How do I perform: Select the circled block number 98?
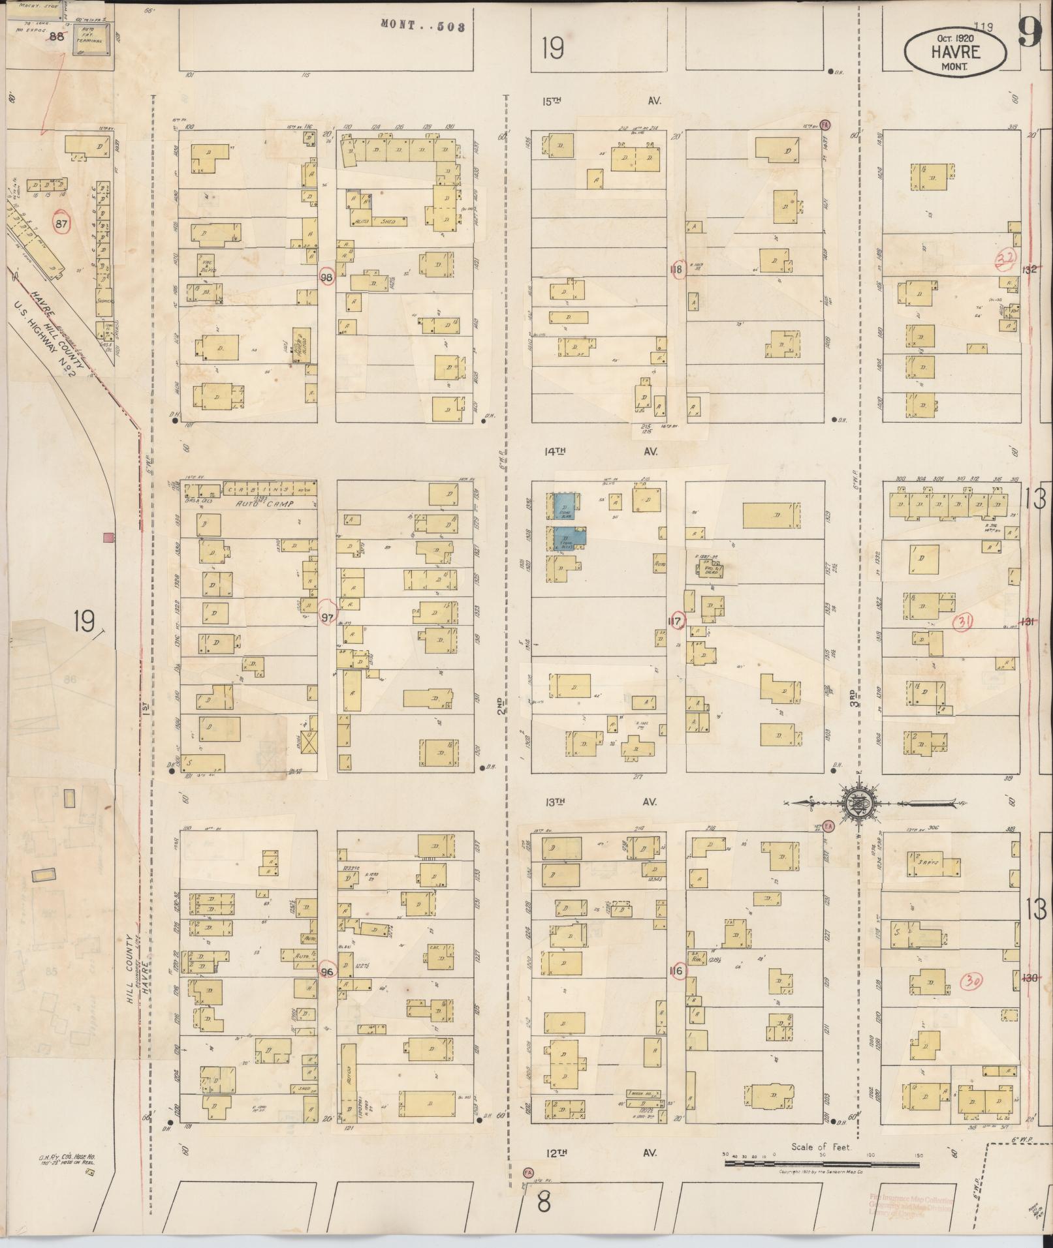pos(327,277)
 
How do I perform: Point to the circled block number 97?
pos(327,617)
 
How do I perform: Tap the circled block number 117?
pos(676,621)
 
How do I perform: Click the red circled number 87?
pos(61,224)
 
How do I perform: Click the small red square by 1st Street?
pos(108,537)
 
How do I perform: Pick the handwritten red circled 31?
pos(963,622)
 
